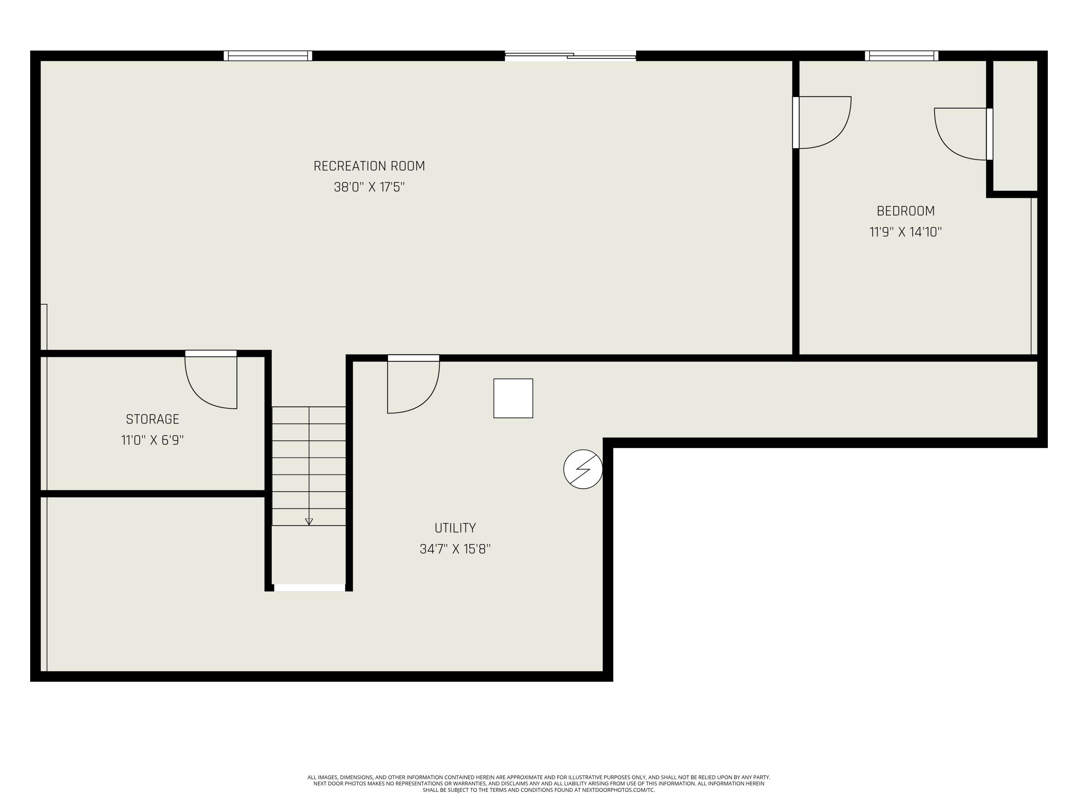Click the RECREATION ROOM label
(369, 166)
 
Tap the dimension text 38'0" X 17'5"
(369, 187)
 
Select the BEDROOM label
(906, 211)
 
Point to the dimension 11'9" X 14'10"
(906, 232)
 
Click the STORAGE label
(153, 419)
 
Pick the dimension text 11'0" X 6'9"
(153, 440)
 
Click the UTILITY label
(455, 528)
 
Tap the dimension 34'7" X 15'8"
(455, 549)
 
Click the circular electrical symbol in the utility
(583, 469)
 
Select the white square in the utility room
(513, 398)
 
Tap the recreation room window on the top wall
(268, 56)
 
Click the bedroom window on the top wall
(901, 56)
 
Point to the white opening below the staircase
(309, 588)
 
